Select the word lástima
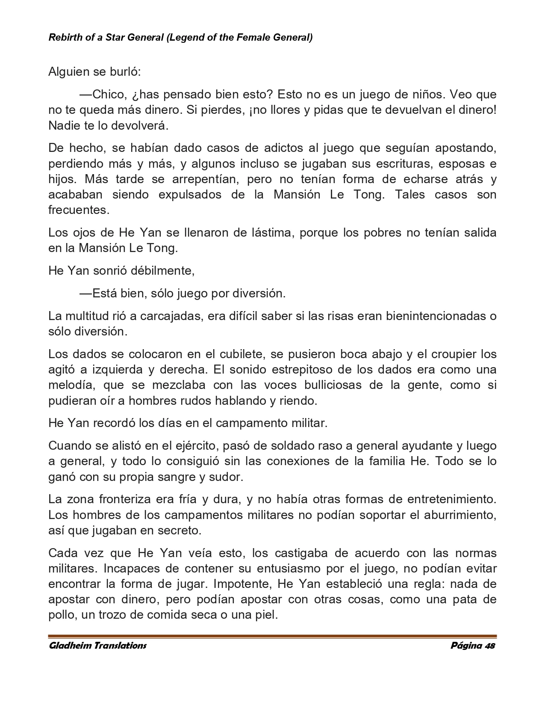pyautogui.click(x=269, y=233)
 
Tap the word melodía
pyautogui.click(x=70, y=385)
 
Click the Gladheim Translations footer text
pyautogui.click(x=98, y=646)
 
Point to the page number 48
pyautogui.click(x=490, y=646)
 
